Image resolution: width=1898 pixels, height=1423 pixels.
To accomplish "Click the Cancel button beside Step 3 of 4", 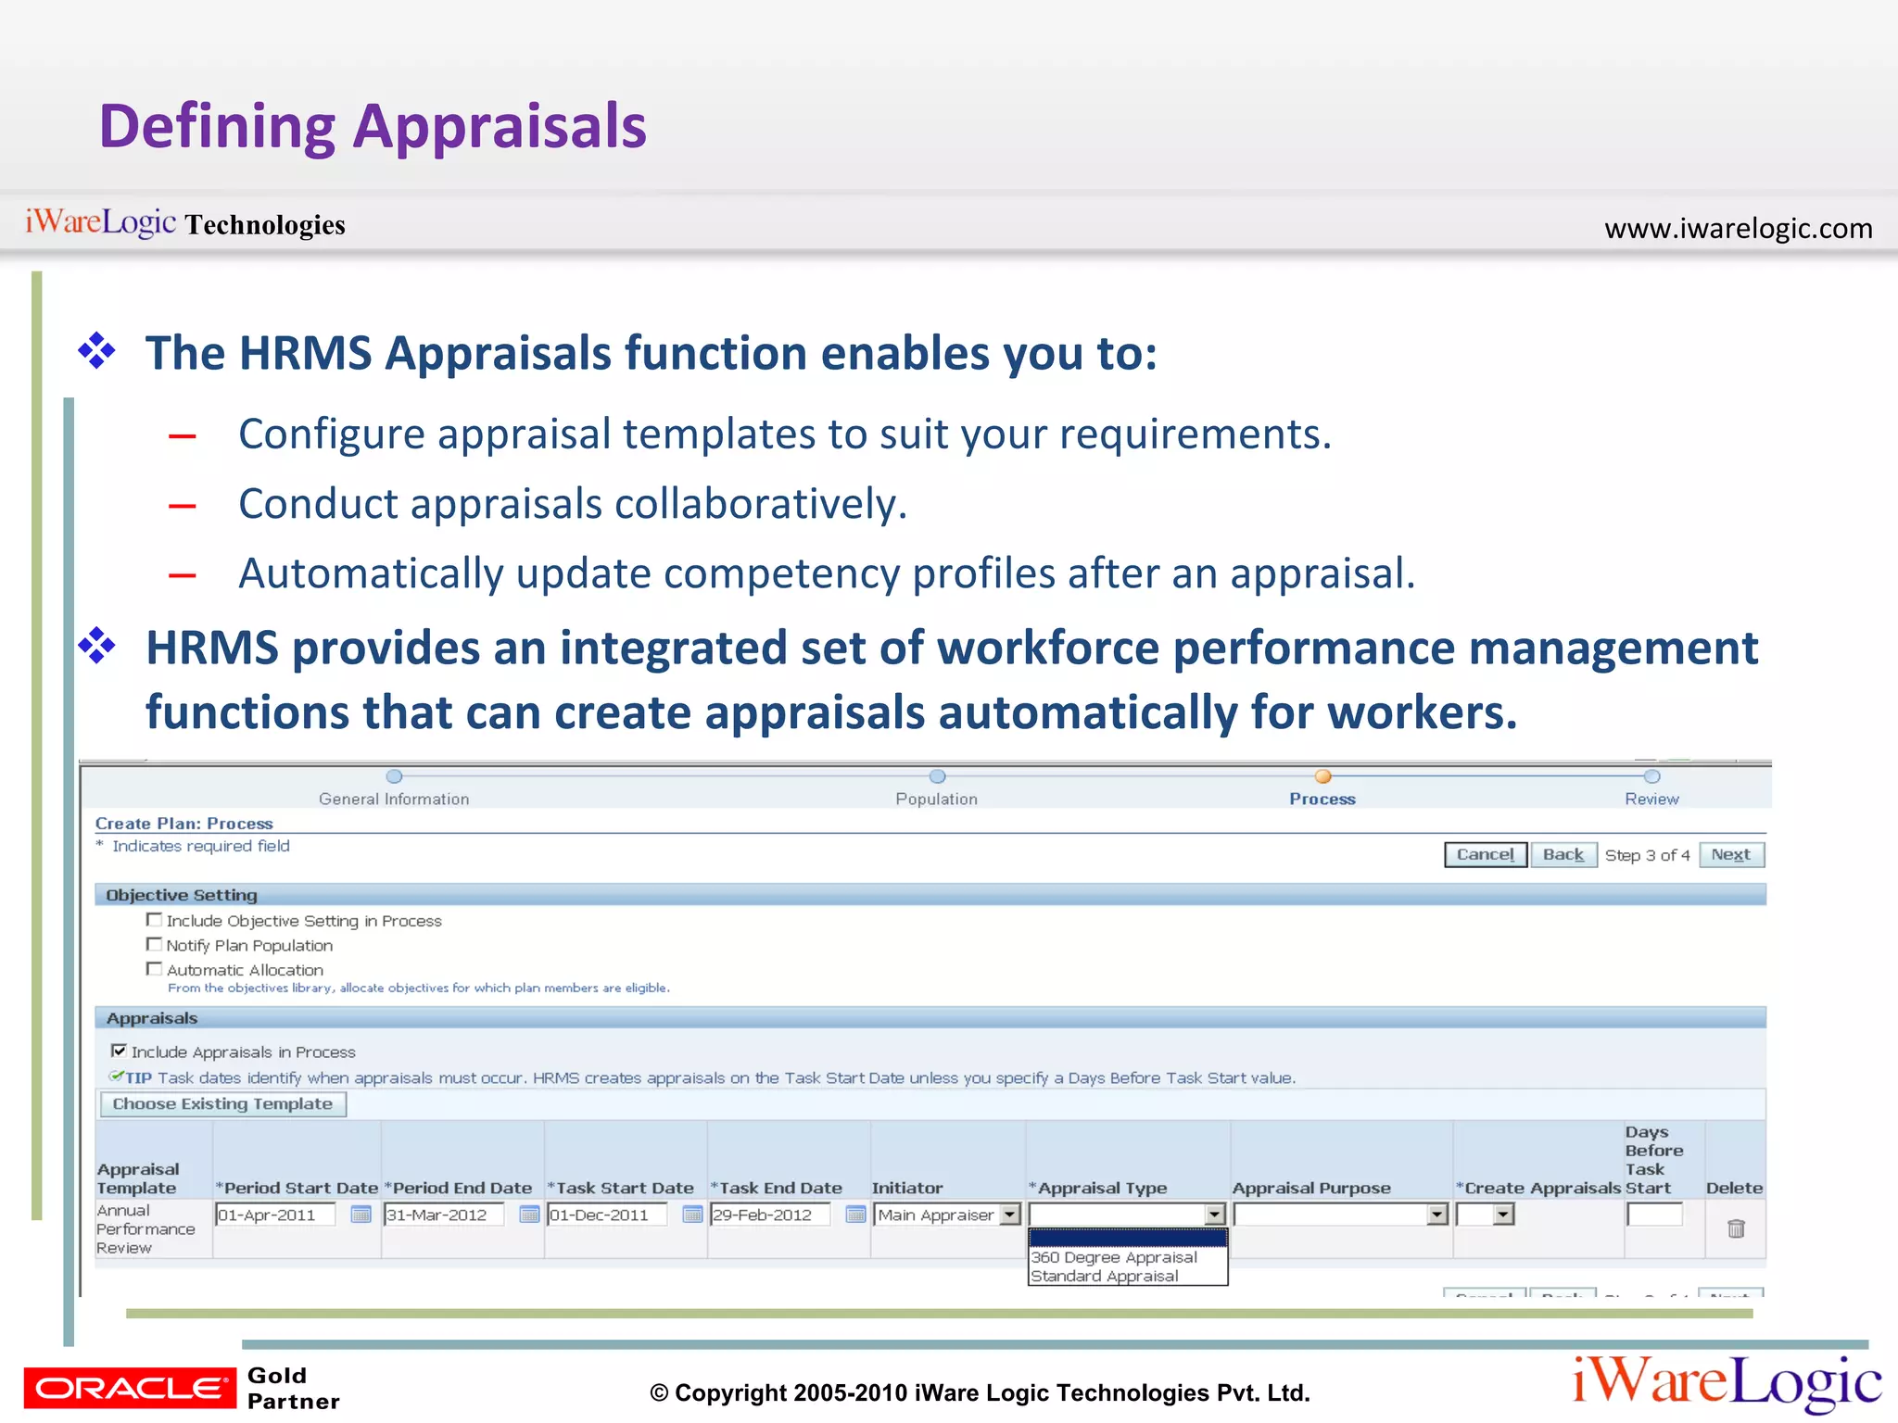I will coord(1485,854).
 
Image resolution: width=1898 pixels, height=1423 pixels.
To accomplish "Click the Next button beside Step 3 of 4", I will coord(1730,854).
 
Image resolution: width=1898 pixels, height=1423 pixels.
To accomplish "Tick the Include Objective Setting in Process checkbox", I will coord(154,920).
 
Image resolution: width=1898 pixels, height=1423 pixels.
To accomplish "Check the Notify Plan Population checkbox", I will coord(154,944).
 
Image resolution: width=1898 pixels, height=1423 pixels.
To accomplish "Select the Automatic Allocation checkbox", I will coord(154,968).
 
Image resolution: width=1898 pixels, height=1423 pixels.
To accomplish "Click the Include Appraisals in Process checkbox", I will coord(119,1051).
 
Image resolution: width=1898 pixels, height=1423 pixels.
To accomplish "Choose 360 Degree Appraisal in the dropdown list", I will coord(1114,1257).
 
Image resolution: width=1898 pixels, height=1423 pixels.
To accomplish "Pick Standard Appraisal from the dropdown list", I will coord(1105,1277).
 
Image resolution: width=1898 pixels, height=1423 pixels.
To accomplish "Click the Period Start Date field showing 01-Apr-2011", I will coord(275,1215).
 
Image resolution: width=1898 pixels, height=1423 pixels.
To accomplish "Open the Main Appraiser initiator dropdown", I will coord(1010,1215).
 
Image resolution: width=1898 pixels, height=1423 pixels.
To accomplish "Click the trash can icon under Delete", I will coord(1736,1228).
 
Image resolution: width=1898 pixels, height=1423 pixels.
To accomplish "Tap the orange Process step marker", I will coord(1322,776).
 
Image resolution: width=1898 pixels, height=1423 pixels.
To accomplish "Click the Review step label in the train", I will coord(1651,799).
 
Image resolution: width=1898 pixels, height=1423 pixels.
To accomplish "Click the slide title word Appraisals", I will coord(500,127).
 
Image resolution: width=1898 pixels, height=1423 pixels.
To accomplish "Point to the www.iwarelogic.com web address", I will coord(1738,228).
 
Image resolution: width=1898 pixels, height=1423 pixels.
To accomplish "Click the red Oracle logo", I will coord(130,1387).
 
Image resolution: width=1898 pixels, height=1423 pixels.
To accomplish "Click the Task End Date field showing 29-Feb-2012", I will coord(769,1215).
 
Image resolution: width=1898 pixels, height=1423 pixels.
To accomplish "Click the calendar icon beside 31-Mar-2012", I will coord(529,1215).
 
